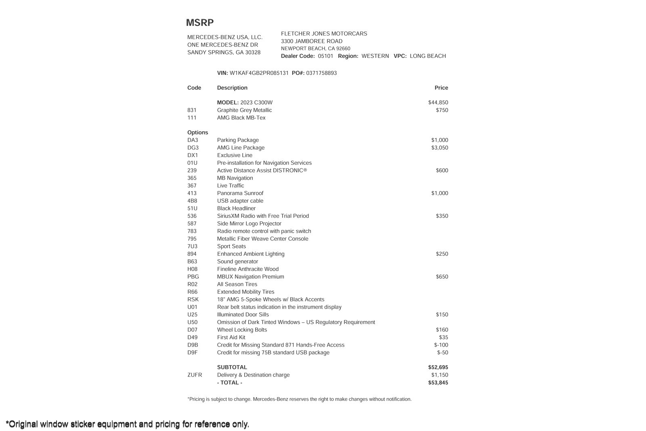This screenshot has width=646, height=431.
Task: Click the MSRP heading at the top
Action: [x=199, y=23]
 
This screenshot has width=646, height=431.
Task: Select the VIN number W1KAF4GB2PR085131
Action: [x=259, y=73]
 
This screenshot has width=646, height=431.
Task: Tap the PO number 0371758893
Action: [x=321, y=73]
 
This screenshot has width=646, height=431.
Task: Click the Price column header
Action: [x=441, y=88]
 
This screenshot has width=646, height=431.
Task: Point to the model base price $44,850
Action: [x=438, y=103]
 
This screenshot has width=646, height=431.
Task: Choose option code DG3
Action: [x=193, y=148]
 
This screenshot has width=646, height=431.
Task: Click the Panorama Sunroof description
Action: [x=240, y=193]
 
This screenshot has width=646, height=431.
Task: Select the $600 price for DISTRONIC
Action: [x=442, y=170]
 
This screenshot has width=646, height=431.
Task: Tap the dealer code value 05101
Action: [x=325, y=56]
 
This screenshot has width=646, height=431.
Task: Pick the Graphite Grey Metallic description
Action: [x=244, y=110]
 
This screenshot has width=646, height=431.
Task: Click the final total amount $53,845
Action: [x=438, y=383]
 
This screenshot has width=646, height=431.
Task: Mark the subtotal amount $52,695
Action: [x=438, y=368]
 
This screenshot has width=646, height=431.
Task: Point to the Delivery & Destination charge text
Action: [x=253, y=375]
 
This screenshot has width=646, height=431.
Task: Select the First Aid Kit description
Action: [x=231, y=338]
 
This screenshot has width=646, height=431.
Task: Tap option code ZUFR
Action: [x=194, y=375]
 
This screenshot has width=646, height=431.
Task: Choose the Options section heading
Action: [x=197, y=132]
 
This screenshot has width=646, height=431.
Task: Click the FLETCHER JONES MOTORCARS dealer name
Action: [x=324, y=34]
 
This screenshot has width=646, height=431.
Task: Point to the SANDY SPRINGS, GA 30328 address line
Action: [x=224, y=53]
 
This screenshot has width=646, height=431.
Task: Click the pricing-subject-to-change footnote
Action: [x=299, y=399]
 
